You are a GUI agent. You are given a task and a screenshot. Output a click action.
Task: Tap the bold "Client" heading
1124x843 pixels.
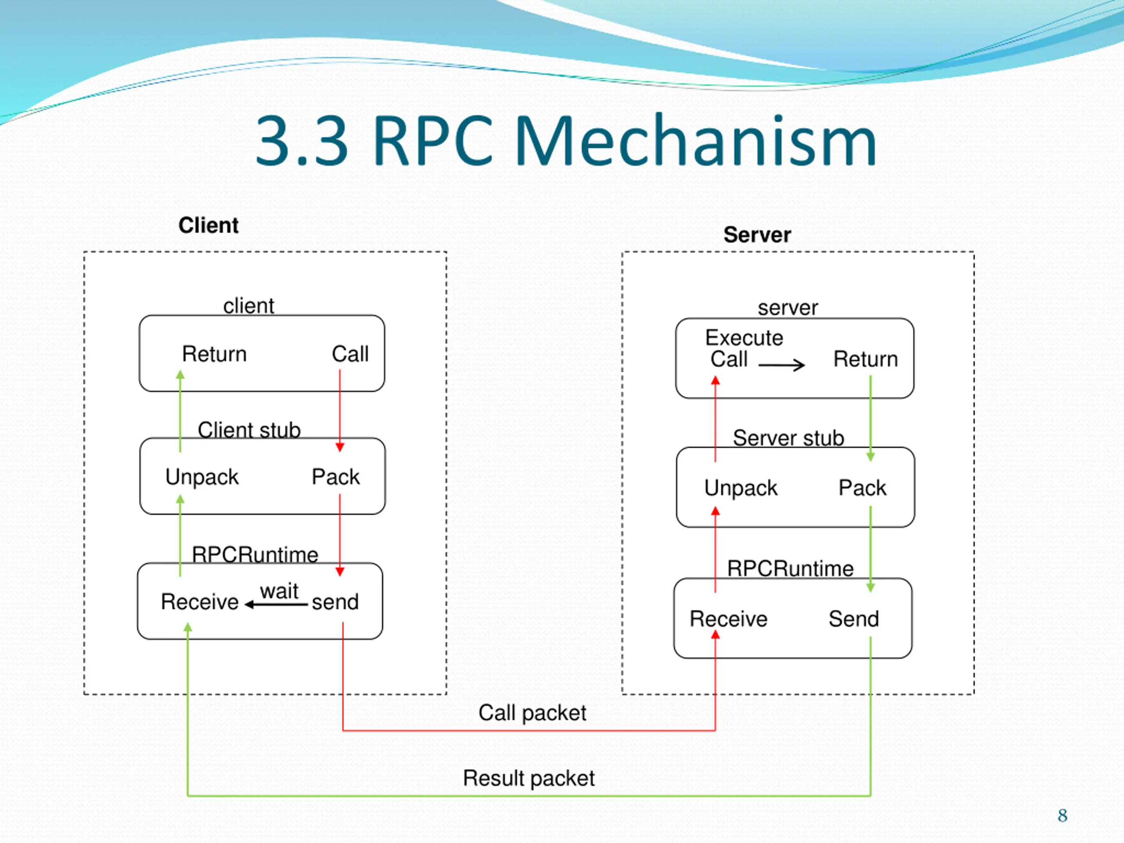pyautogui.click(x=209, y=225)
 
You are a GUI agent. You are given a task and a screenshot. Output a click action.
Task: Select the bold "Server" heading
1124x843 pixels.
pyautogui.click(x=757, y=235)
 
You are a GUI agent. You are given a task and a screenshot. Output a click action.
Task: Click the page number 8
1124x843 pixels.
pyautogui.click(x=1063, y=816)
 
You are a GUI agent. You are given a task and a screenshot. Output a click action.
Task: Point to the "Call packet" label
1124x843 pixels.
pyautogui.click(x=532, y=713)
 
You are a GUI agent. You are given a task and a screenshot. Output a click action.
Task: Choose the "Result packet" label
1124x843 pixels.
pyautogui.click(x=529, y=778)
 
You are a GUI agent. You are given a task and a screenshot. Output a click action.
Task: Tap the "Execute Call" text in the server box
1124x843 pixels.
pyautogui.click(x=744, y=348)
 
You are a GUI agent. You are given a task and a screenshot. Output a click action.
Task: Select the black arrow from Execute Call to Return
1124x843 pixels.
pyautogui.click(x=782, y=365)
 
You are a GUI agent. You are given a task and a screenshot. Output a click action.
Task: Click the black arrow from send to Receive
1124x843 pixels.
pyautogui.click(x=276, y=605)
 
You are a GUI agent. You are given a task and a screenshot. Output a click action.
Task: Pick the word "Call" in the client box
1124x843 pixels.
pyautogui.click(x=350, y=353)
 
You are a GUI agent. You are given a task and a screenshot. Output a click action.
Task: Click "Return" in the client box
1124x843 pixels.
pyautogui.click(x=214, y=353)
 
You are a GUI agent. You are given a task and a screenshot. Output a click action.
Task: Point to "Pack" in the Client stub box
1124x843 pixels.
pyautogui.click(x=335, y=477)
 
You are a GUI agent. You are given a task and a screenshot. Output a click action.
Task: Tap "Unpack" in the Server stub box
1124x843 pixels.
pyautogui.click(x=740, y=488)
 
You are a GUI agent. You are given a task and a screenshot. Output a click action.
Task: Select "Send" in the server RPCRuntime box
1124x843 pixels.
pyautogui.click(x=854, y=619)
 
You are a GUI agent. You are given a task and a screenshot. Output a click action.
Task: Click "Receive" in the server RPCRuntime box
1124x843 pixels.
pyautogui.click(x=728, y=619)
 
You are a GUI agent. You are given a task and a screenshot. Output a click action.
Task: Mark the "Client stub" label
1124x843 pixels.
pyautogui.click(x=249, y=430)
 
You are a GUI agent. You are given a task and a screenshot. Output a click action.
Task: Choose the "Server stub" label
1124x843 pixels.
pyautogui.click(x=789, y=437)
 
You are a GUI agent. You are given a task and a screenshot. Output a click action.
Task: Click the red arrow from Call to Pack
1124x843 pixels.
pyautogui.click(x=340, y=411)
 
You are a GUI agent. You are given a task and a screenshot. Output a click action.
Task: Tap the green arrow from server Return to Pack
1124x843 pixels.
pyautogui.click(x=870, y=418)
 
